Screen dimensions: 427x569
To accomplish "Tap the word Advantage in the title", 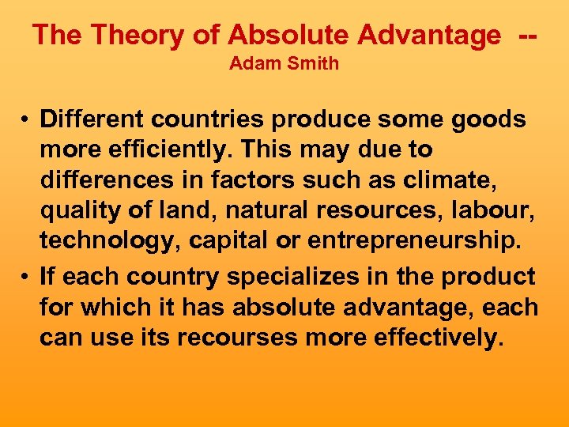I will pos(428,35).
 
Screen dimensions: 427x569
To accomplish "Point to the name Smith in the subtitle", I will pos(312,64).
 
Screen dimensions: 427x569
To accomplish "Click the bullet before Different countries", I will pos(26,120).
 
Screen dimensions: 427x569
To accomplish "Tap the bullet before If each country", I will pos(26,278).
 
